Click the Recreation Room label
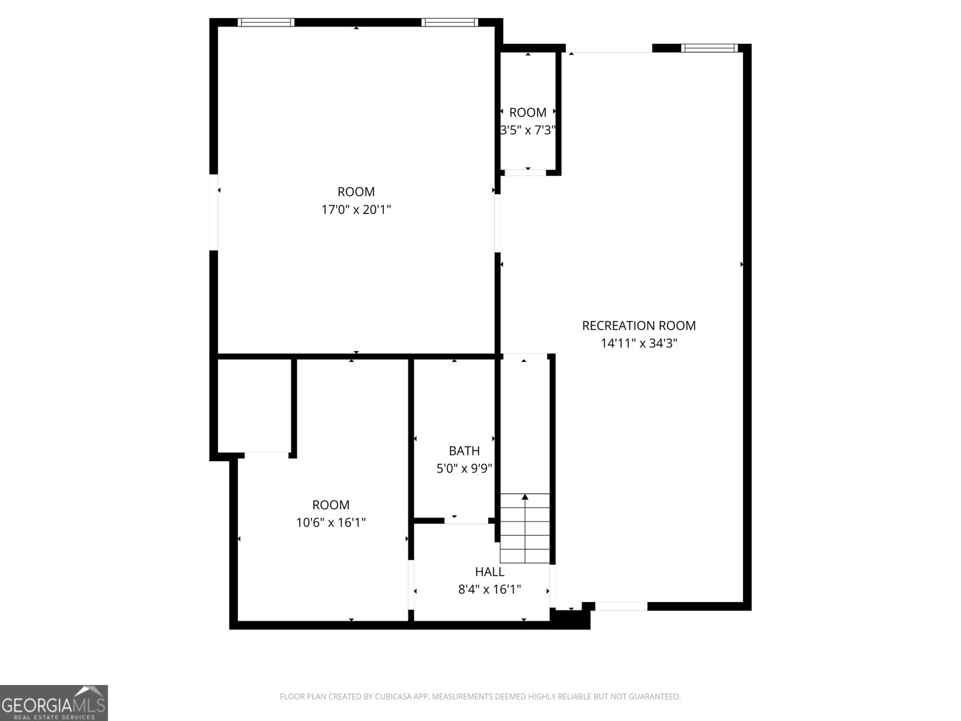tap(638, 325)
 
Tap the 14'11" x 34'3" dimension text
tap(639, 342)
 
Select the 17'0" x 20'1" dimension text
tap(356, 210)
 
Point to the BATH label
tap(464, 451)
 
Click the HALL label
tap(490, 571)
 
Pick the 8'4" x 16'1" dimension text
tap(490, 589)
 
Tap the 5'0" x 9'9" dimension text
tap(464, 469)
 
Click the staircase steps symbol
tap(524, 528)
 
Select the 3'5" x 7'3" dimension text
tap(528, 130)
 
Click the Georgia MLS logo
tap(54, 702)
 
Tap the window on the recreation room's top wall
tap(709, 48)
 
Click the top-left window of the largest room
tap(265, 22)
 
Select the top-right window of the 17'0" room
tap(450, 22)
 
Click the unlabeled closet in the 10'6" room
tap(255, 406)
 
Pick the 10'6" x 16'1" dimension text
tap(330, 522)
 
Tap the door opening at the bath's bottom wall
tap(466, 520)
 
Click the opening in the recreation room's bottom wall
tap(621, 606)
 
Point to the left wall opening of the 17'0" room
tap(214, 212)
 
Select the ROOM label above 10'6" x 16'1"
tap(330, 505)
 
